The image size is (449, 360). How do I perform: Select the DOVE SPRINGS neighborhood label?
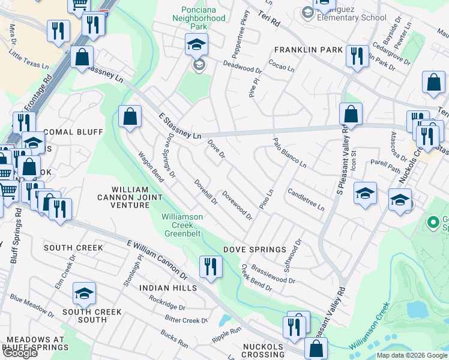[255, 250]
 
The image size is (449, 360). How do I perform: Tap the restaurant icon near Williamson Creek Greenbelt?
[211, 266]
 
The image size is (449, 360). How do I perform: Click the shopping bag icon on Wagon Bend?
[130, 117]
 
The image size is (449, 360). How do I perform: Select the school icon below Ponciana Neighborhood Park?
[196, 46]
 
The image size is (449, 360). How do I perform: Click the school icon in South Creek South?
[85, 293]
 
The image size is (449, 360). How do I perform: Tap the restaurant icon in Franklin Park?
[357, 57]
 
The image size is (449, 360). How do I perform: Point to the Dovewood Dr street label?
[237, 205]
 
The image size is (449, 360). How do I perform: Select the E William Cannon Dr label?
[157, 259]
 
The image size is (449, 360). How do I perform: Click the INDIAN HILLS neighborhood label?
[168, 288]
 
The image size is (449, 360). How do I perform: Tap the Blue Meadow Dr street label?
[32, 306]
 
